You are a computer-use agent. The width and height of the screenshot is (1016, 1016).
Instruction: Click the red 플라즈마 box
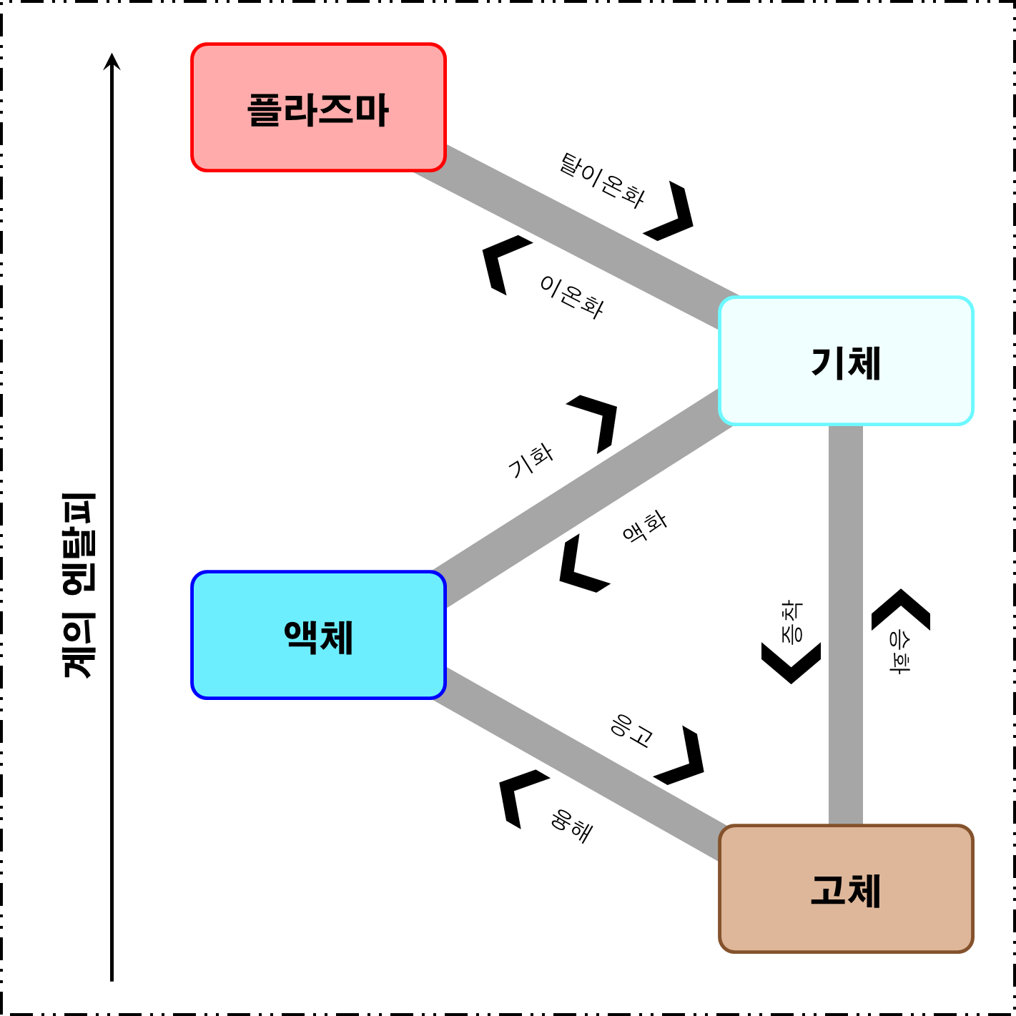click(x=318, y=107)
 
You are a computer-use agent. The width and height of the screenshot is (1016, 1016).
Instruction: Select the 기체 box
click(x=846, y=361)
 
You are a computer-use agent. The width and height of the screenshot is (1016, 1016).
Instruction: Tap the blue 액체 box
click(x=318, y=635)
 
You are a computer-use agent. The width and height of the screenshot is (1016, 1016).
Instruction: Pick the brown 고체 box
click(x=846, y=889)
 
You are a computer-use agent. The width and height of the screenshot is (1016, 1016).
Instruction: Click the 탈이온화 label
click(x=602, y=181)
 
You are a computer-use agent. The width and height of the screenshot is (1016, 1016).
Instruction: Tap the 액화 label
click(x=644, y=527)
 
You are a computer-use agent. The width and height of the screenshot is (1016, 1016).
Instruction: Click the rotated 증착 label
click(x=791, y=621)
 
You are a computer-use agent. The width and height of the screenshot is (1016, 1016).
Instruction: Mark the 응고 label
click(x=632, y=730)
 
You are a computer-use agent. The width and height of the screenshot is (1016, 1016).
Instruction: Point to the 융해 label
click(x=572, y=826)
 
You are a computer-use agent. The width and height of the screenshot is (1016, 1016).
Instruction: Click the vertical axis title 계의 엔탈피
click(x=78, y=585)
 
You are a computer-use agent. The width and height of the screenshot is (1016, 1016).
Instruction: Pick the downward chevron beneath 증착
click(x=791, y=662)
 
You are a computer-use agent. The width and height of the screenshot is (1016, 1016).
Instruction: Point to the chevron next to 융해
click(x=520, y=796)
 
